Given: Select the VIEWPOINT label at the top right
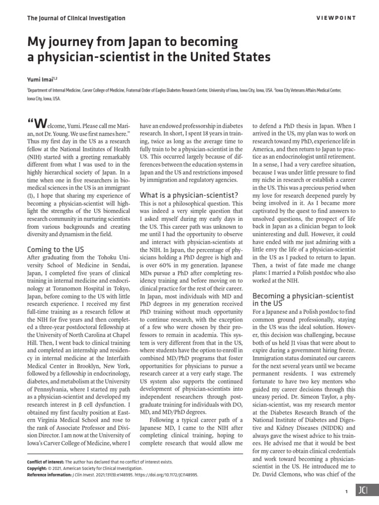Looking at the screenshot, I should click(x=339, y=18).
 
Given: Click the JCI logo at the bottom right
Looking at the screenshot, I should click(x=363, y=490).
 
